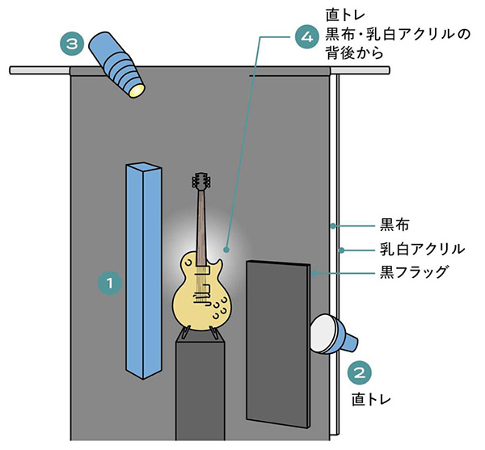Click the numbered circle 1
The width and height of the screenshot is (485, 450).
pyautogui.click(x=108, y=282)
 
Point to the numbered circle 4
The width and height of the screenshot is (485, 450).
pyautogui.click(x=305, y=37)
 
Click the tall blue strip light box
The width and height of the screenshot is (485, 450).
pyautogui.click(x=144, y=271)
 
